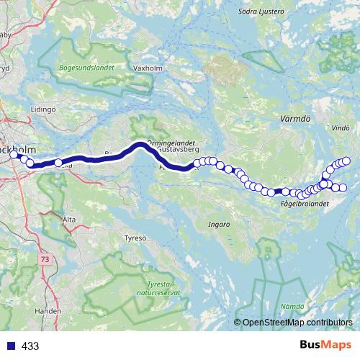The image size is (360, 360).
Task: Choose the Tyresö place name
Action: pyautogui.click(x=135, y=238)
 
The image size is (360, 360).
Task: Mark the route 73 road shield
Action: pyautogui.click(x=45, y=258)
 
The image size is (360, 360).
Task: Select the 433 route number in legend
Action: pyautogui.click(x=30, y=346)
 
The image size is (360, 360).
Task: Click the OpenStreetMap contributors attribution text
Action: pyautogui.click(x=296, y=323)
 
